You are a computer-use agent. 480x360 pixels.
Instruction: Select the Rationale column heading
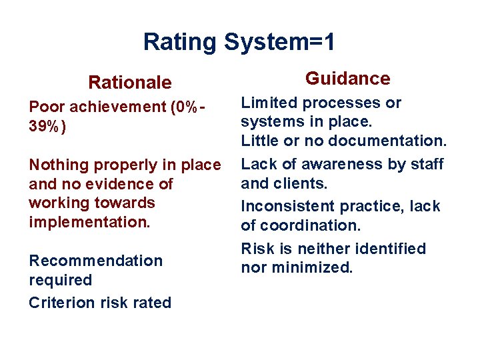(130, 83)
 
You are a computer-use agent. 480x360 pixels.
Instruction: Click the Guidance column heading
(347, 79)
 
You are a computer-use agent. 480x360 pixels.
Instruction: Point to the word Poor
(47, 107)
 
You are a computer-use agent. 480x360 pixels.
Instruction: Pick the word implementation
(90, 222)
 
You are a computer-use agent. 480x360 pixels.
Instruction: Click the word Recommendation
(95, 261)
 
